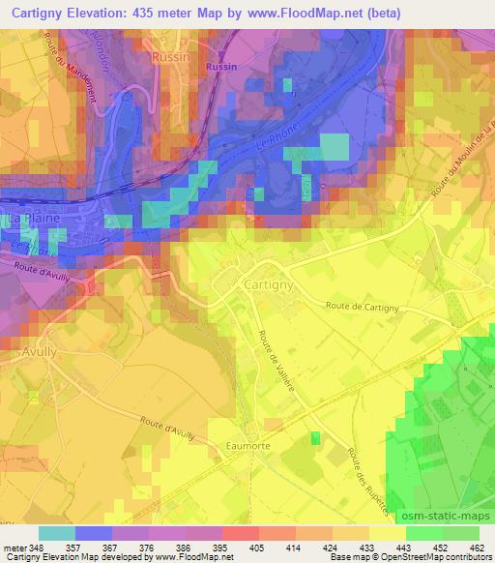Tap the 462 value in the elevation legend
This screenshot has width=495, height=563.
tap(477, 548)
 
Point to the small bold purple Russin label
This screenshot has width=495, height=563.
tap(220, 67)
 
